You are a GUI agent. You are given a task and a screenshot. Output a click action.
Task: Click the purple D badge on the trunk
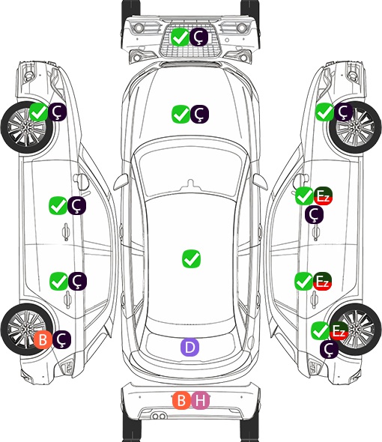[190, 347]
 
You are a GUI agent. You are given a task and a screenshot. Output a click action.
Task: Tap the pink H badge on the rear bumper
[201, 400]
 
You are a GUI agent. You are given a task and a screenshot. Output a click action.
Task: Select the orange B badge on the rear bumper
[182, 400]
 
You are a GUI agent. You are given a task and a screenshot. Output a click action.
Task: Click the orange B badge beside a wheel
[43, 339]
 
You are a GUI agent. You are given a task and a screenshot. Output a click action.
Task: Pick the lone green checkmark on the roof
[192, 258]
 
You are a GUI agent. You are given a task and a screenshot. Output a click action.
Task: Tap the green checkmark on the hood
[181, 114]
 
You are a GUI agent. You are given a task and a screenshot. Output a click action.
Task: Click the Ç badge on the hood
[199, 114]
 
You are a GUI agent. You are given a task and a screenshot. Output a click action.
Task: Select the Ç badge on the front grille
[198, 37]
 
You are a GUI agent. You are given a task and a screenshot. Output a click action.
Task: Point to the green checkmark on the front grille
[180, 37]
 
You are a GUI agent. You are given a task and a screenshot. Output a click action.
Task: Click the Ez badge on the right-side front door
[323, 196]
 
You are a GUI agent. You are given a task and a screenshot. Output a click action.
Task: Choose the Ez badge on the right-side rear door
[322, 281]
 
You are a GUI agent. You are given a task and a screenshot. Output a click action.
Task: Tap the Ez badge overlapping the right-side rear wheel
[339, 330]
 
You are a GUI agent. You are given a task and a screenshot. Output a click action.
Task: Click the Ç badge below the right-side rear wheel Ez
[329, 349]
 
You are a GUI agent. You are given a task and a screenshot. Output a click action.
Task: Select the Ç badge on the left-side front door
[76, 205]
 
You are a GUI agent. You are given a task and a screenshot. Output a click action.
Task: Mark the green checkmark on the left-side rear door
[58, 281]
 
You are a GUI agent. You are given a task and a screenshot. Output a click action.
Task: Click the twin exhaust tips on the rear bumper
[159, 416]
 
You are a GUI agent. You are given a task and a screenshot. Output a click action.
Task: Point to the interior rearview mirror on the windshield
[191, 185]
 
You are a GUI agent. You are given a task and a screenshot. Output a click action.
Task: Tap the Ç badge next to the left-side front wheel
[58, 112]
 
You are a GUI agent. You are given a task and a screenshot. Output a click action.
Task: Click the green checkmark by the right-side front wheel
[324, 112]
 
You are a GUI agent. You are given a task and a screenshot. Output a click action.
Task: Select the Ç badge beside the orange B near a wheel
[61, 339]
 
